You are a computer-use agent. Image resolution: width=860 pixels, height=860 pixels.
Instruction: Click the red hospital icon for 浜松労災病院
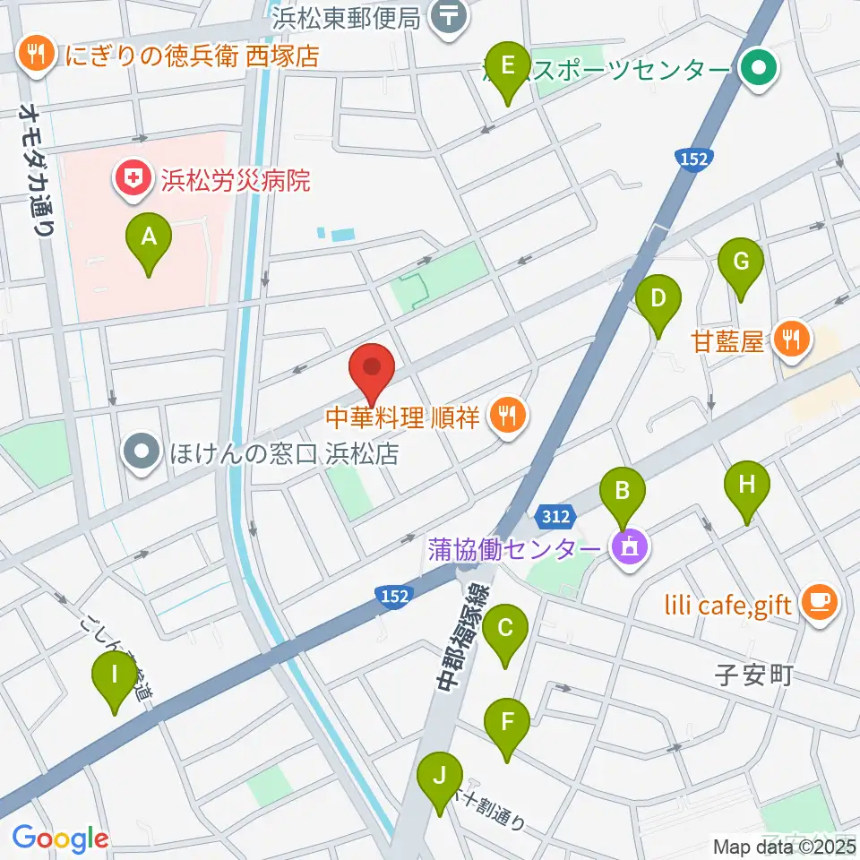[x=132, y=180]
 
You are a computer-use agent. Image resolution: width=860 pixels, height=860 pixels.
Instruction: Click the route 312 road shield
[x=555, y=517]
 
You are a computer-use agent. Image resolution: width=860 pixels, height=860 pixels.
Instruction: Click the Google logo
[x=60, y=838]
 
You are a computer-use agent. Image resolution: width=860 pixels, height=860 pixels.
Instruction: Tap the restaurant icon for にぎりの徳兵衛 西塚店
[x=36, y=56]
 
